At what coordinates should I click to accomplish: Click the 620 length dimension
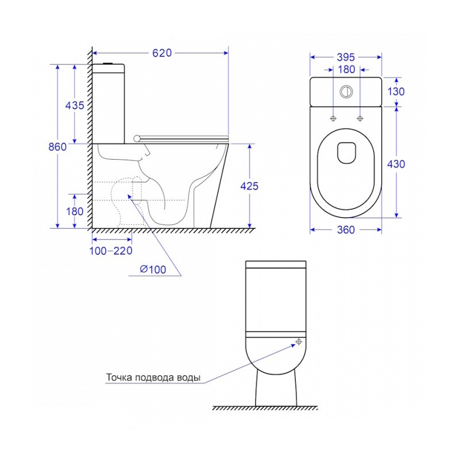(162, 53)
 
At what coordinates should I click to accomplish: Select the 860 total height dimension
(58, 146)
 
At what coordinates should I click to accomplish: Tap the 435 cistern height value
(75, 105)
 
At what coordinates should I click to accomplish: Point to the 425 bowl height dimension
(250, 186)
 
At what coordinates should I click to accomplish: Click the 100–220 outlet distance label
(111, 251)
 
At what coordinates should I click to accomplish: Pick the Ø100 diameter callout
(153, 269)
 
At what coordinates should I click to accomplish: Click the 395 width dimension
(346, 57)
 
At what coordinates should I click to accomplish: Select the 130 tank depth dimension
(396, 92)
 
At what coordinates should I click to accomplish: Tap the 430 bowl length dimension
(396, 164)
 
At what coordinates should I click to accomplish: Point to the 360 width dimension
(346, 229)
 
